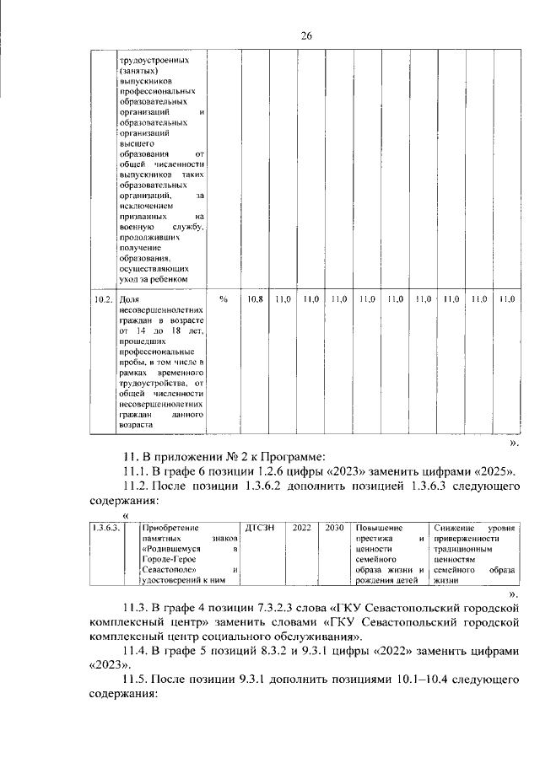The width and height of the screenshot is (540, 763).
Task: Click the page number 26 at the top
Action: coord(306,35)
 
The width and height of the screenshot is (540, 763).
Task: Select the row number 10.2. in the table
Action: coord(102,298)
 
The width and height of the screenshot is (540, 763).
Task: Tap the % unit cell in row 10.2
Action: coord(224,298)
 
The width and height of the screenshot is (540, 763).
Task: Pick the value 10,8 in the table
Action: coord(254,298)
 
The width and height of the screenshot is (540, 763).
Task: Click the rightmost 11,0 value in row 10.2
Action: coord(506,298)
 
